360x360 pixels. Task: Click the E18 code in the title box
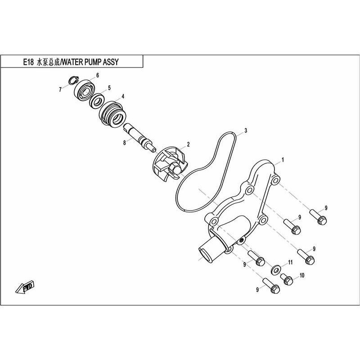coord(28,62)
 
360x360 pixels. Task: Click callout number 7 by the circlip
coord(60,90)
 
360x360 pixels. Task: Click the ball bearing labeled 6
coord(85,90)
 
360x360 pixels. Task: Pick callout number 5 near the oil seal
coord(109,88)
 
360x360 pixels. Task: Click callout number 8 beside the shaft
coord(125,143)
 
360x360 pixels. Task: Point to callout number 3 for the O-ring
coord(246,130)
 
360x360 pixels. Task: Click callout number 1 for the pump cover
coord(283,160)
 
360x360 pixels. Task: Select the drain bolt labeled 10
coord(287,279)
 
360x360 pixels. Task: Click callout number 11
coord(290,262)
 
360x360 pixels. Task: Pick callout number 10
coord(301,275)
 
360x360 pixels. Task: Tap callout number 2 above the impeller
coord(188,144)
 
